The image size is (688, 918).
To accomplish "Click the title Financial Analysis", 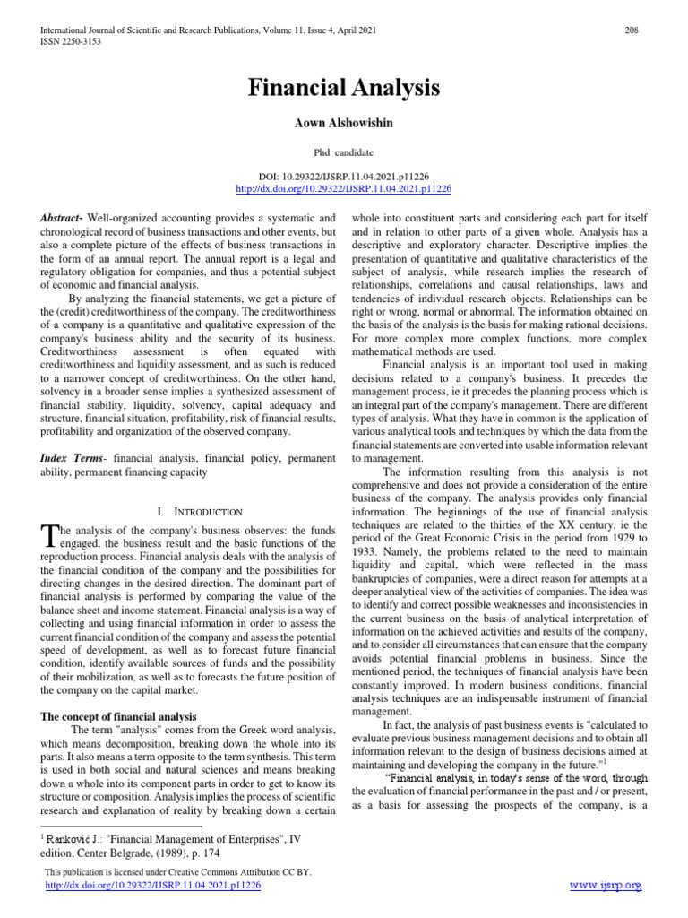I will pyautogui.click(x=344, y=88).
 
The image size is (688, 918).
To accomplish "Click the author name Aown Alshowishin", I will pyautogui.click(x=344, y=120).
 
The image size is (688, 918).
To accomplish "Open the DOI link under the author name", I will pyautogui.click(x=344, y=189).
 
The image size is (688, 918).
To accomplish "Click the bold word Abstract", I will pyautogui.click(x=61, y=219).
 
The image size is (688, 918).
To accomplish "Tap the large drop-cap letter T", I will pyautogui.click(x=49, y=537).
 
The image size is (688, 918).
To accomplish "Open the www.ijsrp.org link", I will pyautogui.click(x=606, y=886).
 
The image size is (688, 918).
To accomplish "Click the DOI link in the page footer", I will pyautogui.click(x=152, y=885).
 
